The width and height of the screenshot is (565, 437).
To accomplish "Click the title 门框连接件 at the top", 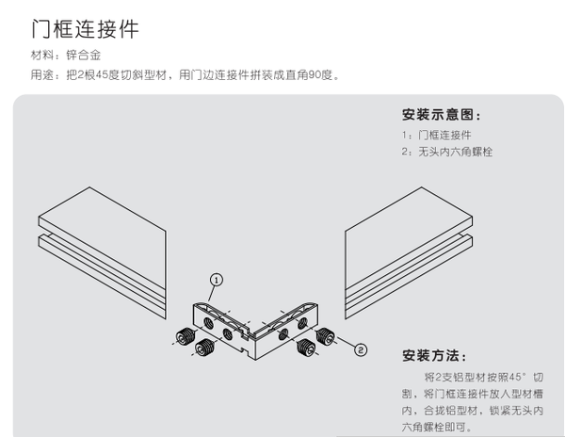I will click(x=85, y=29).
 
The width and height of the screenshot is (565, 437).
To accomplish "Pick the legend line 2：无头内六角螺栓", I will click(x=446, y=151).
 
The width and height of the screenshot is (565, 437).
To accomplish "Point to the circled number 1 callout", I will click(x=217, y=280).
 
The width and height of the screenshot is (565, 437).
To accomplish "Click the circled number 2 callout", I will click(x=360, y=349).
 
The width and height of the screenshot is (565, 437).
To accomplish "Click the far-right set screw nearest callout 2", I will click(x=323, y=337).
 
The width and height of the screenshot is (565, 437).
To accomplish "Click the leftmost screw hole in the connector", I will click(x=204, y=319).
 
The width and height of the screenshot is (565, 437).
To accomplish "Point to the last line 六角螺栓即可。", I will click(x=433, y=427).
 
